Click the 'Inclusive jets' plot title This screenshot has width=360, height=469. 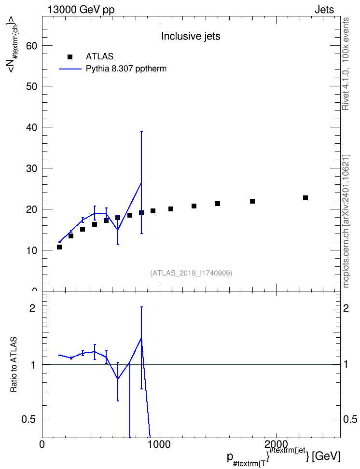coord(191,36)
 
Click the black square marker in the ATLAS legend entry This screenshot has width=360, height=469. coord(70,56)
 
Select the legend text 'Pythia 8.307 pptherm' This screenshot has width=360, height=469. coord(126,69)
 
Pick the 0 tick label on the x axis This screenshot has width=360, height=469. coord(42,444)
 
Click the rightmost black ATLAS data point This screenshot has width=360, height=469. coord(305,198)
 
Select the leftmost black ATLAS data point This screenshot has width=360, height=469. coord(59,247)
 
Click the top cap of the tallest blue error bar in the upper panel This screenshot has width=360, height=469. coord(141,131)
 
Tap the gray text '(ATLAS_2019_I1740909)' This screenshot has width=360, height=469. coord(191,273)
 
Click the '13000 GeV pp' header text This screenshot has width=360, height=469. coord(81,10)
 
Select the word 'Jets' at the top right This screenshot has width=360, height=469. coord(324,10)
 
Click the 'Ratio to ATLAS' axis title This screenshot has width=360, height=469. coord(14,365)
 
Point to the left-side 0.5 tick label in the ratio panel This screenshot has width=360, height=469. coord(29,420)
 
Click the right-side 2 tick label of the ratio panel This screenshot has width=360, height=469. coord(346,308)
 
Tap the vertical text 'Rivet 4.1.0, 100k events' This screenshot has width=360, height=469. coord(346,64)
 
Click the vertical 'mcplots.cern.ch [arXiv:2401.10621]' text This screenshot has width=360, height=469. coord(346,221)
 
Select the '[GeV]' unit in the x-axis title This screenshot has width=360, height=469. coord(326,457)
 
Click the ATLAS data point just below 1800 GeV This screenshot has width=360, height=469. coord(252,201)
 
